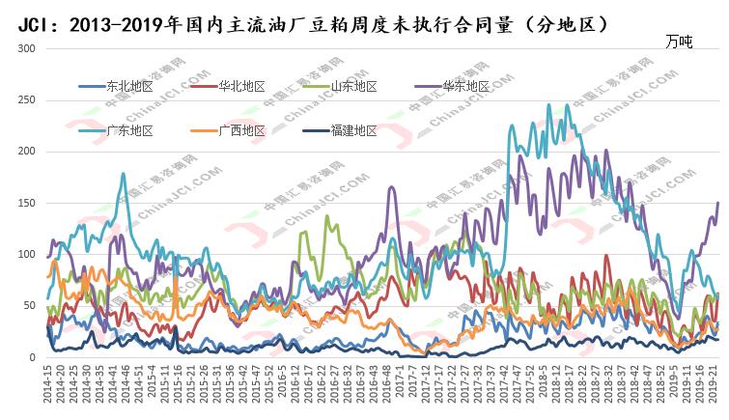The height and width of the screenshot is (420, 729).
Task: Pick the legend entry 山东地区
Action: pyautogui.click(x=353, y=86)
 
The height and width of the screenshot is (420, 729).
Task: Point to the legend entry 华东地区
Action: pyautogui.click(x=465, y=86)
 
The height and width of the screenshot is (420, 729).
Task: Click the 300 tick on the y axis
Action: pyautogui.click(x=28, y=48)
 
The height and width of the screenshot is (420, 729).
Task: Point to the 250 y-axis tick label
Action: pyautogui.click(x=28, y=100)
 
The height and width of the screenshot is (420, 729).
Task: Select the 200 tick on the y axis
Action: pyautogui.click(x=28, y=152)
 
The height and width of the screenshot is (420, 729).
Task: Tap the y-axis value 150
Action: pyautogui.click(x=28, y=203)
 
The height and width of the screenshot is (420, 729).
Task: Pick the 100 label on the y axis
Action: pyautogui.click(x=28, y=255)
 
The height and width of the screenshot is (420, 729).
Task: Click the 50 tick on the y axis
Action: pyautogui.click(x=31, y=306)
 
